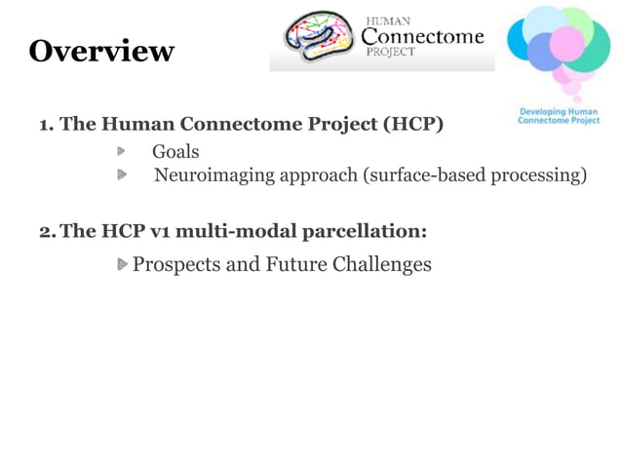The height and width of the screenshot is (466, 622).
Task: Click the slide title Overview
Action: pos(101,51)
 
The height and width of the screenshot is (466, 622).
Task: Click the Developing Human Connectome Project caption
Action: pos(559,116)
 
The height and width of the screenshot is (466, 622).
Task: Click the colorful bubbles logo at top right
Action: pos(560,51)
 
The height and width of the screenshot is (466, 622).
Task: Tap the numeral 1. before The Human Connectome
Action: pos(45,125)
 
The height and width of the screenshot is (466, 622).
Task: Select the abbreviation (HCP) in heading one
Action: pos(412,125)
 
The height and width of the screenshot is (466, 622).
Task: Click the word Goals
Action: pos(175,151)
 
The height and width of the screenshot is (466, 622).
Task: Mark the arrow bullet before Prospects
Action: pos(122,264)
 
